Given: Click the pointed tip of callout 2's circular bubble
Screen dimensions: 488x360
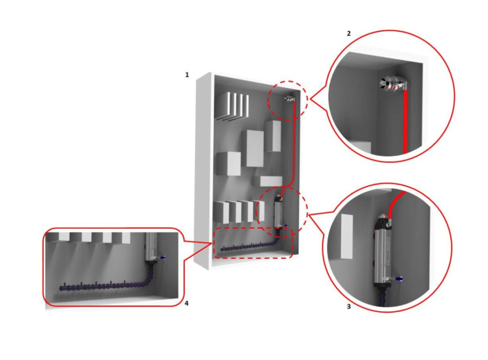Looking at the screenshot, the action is pos(310,99).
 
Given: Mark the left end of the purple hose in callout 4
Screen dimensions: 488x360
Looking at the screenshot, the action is pos(61,289).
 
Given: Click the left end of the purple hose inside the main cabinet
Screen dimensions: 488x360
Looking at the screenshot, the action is pos(221,249).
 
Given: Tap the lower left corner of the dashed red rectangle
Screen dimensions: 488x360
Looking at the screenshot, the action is pos(214,257).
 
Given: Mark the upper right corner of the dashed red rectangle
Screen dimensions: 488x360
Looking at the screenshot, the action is pos(292,228).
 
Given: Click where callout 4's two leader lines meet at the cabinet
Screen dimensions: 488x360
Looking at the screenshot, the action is pos(212,244).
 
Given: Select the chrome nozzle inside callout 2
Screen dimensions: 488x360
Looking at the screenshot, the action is pos(393,85).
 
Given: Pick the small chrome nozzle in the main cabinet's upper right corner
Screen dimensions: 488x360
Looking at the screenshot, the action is pos(289,99).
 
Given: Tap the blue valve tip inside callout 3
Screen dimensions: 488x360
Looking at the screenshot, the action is pos(401,278).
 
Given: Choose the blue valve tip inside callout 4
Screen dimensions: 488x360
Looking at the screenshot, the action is pos(163,257).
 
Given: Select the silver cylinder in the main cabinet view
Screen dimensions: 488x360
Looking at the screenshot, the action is pos(278,211).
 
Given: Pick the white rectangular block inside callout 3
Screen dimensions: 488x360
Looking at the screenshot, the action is pos(347,236).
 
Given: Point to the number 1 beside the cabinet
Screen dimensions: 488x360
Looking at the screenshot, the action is pos(187,75).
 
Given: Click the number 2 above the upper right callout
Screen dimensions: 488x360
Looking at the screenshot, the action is pos(349,33).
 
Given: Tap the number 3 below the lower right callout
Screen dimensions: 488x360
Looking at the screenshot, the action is pos(349,307).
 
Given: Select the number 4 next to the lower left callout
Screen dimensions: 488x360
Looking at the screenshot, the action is pos(186,303).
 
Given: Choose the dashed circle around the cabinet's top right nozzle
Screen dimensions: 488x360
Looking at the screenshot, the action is pos(288,101).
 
